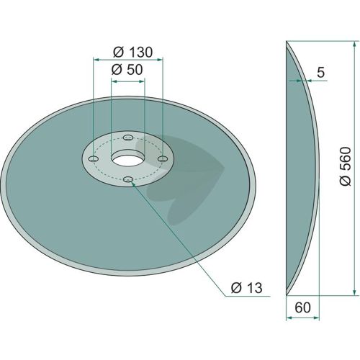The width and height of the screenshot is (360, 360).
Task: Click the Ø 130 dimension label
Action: pos(132,52)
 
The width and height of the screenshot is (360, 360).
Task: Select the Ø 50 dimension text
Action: pos(127,70)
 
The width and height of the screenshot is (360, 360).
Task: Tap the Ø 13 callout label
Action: pos(247,287)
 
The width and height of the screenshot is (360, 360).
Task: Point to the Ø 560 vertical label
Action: pos(346,166)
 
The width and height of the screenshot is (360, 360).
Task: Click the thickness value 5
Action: pos(320,72)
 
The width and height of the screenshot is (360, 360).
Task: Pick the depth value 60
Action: pos(302,307)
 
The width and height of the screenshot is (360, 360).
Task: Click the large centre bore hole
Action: pos(128,160)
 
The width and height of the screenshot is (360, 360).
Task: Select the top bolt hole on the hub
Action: pos(128,138)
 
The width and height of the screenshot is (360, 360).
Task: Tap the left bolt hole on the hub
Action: pos(94,158)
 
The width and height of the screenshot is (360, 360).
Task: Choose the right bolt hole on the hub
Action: pos(163,158)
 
